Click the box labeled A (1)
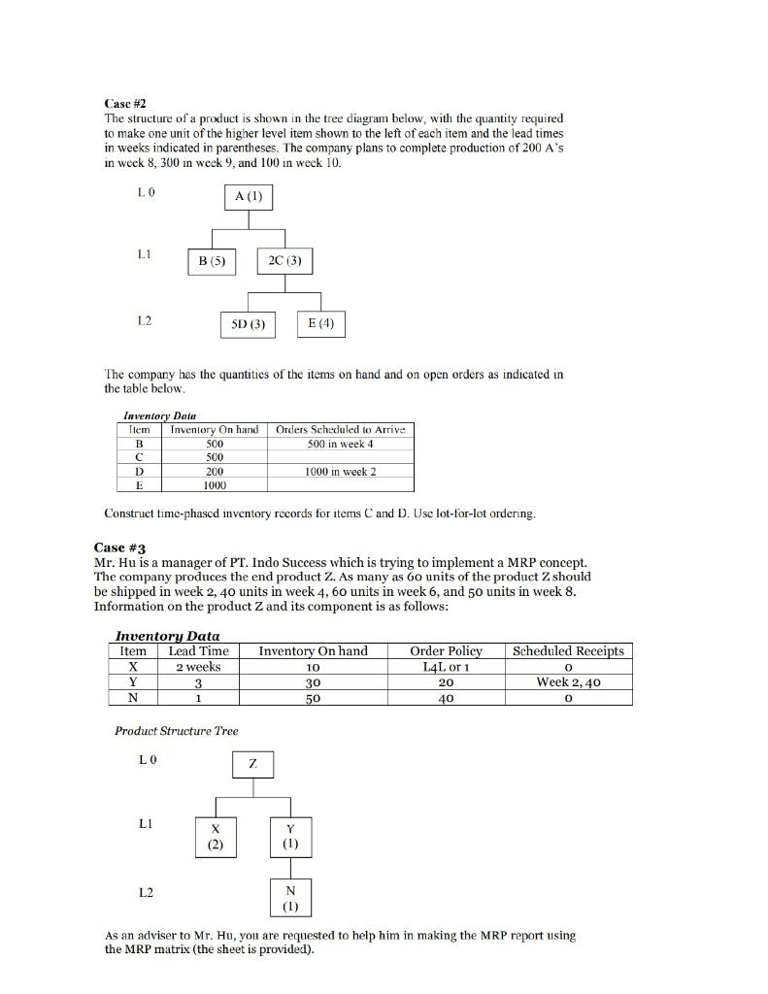(248, 197)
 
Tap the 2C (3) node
(284, 261)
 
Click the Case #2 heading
(124, 103)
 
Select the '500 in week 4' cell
(340, 444)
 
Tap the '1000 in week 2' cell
(340, 471)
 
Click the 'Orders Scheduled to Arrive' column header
(340, 429)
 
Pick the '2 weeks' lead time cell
(199, 667)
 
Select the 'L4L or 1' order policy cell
(447, 667)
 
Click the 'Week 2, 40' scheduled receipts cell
(569, 681)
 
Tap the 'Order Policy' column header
(447, 650)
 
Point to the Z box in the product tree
(253, 765)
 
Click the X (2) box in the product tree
(216, 836)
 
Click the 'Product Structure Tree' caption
(176, 730)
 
